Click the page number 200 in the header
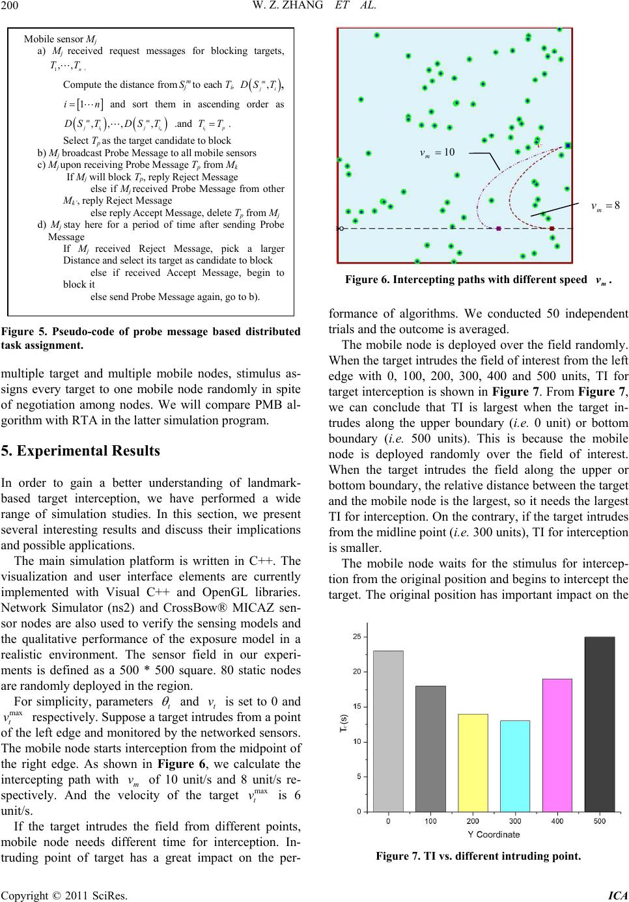point(10,7)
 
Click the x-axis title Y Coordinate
point(492,835)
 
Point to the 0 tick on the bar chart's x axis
point(388,821)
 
